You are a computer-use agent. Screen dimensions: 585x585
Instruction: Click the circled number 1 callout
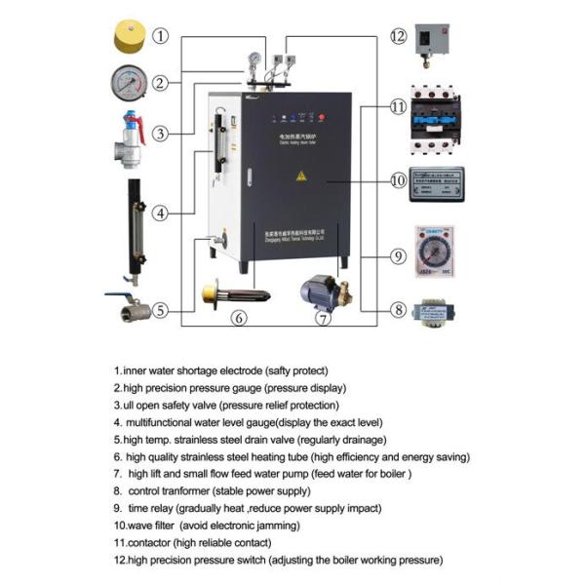pos(161,36)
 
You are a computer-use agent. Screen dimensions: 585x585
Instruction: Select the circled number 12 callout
pos(398,36)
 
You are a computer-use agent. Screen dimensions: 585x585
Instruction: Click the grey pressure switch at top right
pos(432,41)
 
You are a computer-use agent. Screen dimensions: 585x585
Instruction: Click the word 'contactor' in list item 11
pos(146,542)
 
